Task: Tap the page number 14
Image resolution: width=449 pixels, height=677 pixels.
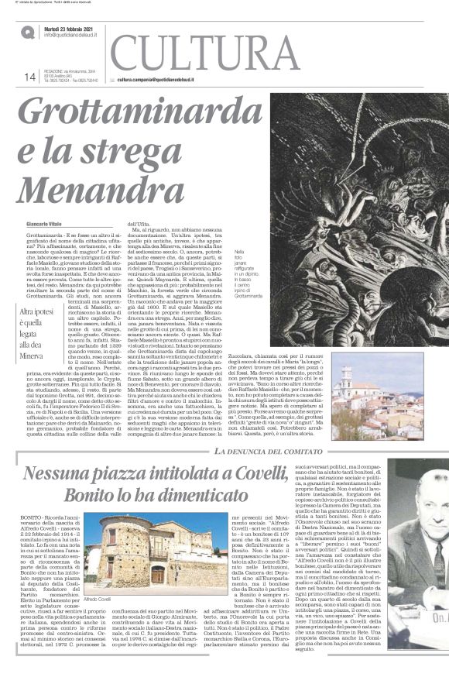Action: click(x=30, y=76)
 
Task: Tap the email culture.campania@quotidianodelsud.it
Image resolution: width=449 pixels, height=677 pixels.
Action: click(x=166, y=79)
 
